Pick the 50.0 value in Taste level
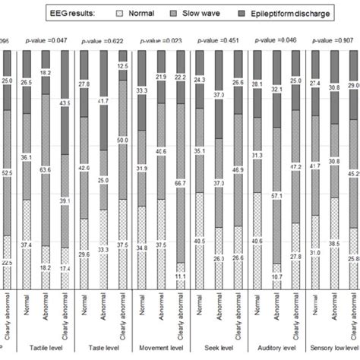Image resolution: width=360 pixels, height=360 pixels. coord(125,162)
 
